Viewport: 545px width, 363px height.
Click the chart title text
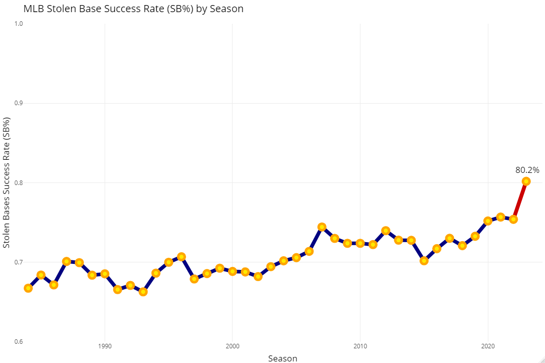[133, 9]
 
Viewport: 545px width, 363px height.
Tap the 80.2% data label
[527, 170]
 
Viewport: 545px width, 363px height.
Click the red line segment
[520, 200]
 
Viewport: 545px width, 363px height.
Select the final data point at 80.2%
[526, 181]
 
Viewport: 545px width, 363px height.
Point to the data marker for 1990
[105, 274]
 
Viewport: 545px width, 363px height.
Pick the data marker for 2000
[233, 271]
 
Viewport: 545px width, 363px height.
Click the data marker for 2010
[360, 243]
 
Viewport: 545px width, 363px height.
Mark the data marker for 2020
[488, 221]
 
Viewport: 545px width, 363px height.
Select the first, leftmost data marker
[28, 288]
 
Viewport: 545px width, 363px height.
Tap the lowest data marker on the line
[143, 292]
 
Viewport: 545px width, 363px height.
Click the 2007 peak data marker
[322, 227]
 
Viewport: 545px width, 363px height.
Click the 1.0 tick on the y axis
[18, 24]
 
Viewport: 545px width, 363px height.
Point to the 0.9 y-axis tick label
[18, 103]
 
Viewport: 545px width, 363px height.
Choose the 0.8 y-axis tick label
[18, 183]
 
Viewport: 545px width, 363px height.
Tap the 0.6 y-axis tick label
[18, 341]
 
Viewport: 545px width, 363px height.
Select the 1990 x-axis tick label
[105, 346]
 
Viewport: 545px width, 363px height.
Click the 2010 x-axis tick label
[360, 346]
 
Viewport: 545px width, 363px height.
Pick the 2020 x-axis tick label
[488, 346]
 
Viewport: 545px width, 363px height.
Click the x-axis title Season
[283, 358]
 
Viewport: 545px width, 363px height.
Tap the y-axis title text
[7, 183]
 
